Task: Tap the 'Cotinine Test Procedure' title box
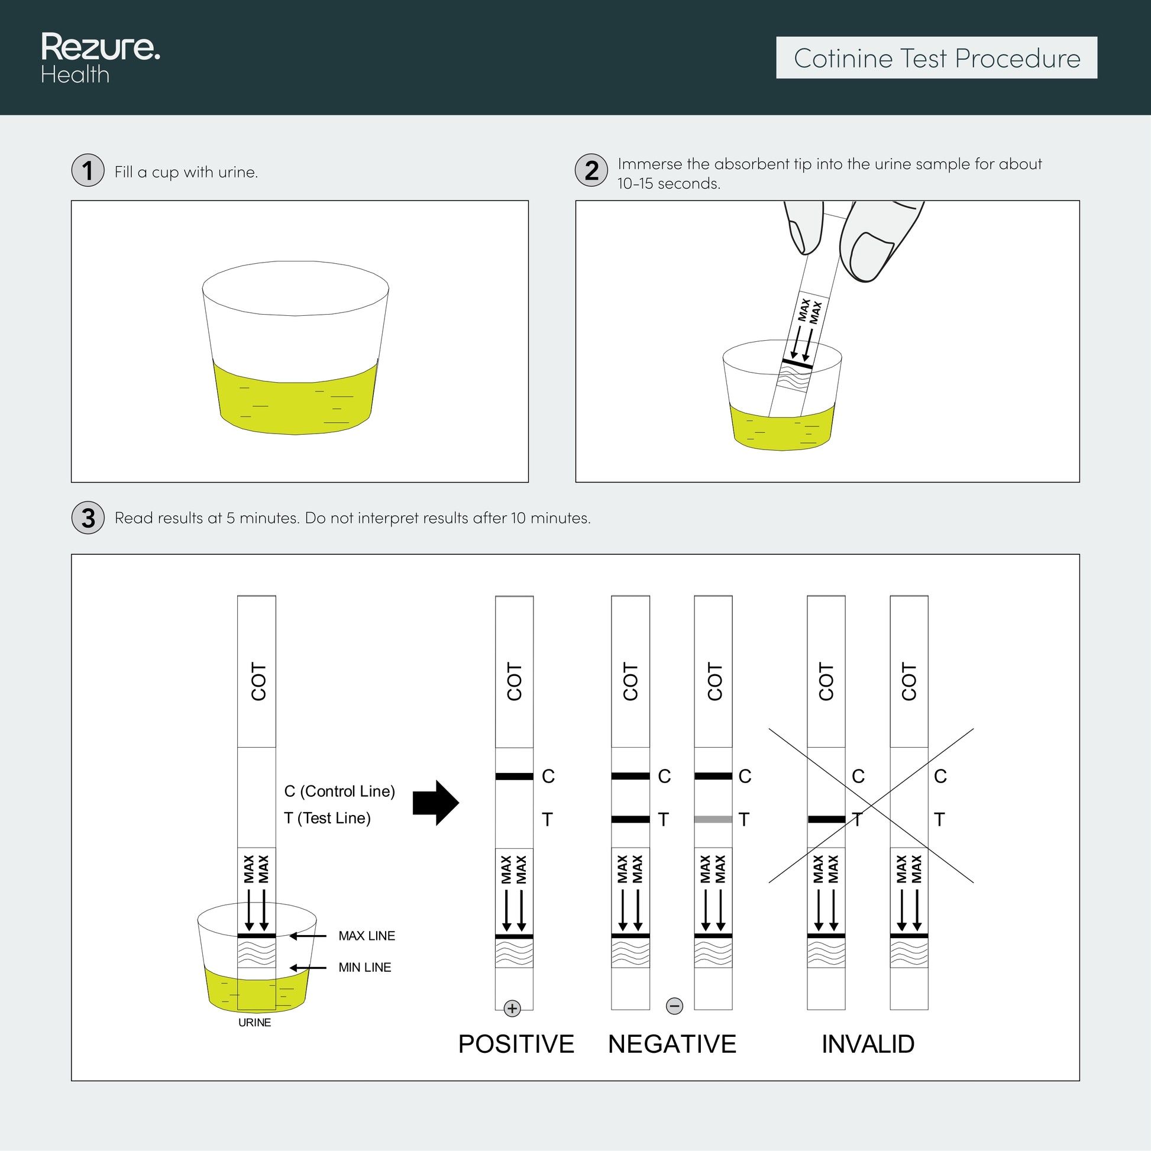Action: point(936,58)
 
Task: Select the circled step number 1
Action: point(88,170)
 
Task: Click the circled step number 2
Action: point(591,170)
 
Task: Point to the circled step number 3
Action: point(88,518)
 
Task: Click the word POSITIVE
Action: point(516,1045)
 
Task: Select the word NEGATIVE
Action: point(672,1045)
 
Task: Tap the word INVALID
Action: point(868,1045)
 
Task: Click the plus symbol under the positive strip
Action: point(512,1008)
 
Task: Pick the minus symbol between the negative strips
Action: point(674,1006)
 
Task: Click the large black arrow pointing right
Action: point(435,803)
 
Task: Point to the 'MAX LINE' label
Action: point(366,936)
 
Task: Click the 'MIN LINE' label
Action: point(364,968)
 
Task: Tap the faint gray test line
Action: point(713,820)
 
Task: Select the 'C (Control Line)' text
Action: point(340,791)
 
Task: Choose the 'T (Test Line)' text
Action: point(327,818)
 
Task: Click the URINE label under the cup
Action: point(254,1023)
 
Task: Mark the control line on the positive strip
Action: point(514,776)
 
